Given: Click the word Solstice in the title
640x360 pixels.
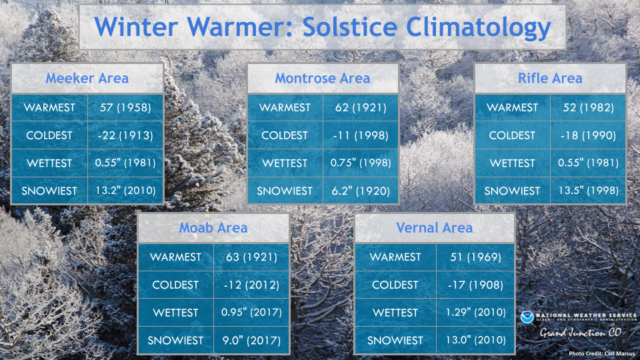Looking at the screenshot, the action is pyautogui.click(x=350, y=27).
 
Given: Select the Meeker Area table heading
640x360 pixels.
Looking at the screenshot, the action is pyautogui.click(x=87, y=78).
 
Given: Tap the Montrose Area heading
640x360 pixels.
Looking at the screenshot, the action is pyautogui.click(x=323, y=78).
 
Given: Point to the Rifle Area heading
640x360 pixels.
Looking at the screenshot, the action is pyautogui.click(x=550, y=78).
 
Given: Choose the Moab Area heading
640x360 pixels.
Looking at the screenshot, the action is pyautogui.click(x=213, y=228).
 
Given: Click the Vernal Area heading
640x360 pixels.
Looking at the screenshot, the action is pyautogui.click(x=434, y=228).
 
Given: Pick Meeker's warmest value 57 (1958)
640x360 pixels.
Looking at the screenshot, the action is pyautogui.click(x=125, y=108).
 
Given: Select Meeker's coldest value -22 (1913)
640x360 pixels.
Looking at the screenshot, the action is pyautogui.click(x=125, y=135).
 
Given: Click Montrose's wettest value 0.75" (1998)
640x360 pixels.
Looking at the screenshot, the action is pyautogui.click(x=361, y=163).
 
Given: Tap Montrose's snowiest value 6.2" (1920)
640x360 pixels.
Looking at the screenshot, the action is pyautogui.click(x=361, y=191).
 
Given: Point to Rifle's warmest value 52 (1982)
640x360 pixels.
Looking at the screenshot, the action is pyautogui.click(x=588, y=108).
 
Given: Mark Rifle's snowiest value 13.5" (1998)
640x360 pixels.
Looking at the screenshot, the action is pyautogui.click(x=588, y=191).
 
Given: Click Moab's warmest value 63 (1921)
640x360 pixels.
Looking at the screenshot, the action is pyautogui.click(x=251, y=257).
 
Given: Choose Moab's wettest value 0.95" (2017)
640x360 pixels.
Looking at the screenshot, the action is pyautogui.click(x=251, y=313).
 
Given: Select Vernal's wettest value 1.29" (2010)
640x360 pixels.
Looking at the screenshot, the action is pyautogui.click(x=475, y=313).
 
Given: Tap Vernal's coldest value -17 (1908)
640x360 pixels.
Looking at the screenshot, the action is pyautogui.click(x=475, y=285).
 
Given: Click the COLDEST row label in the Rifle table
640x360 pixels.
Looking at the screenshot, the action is pyautogui.click(x=512, y=135).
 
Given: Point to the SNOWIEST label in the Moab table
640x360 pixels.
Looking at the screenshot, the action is pyautogui.click(x=175, y=341).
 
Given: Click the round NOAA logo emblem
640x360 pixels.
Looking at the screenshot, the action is pyautogui.click(x=527, y=317).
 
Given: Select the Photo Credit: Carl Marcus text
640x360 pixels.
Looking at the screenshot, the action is pyautogui.click(x=601, y=353).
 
